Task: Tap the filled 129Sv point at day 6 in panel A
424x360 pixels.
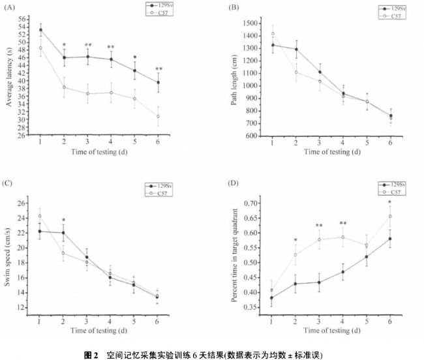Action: coord(158,82)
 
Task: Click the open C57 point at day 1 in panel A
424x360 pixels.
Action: coord(40,48)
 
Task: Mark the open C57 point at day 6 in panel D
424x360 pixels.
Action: coord(390,217)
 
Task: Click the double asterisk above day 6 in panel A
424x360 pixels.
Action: coord(159,68)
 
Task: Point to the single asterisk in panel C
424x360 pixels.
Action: coord(64,220)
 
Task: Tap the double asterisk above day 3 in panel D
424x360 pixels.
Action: coord(319,226)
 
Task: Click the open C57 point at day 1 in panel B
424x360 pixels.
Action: coord(273,34)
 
